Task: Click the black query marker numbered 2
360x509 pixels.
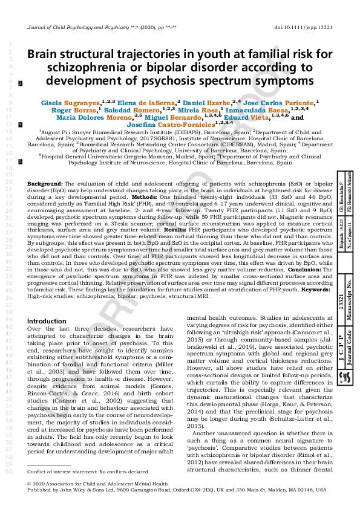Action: click(x=21, y=83)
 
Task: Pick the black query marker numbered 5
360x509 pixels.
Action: click(x=21, y=162)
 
